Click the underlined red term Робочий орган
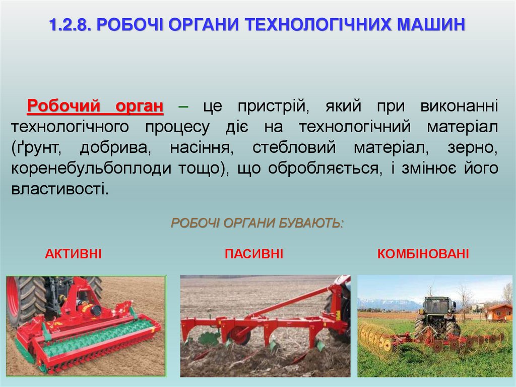[x=95, y=106]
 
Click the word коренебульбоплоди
[x=89, y=169]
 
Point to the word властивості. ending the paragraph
[x=60, y=189]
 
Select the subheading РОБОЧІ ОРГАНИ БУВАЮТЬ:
[x=257, y=223]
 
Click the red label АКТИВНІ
[x=73, y=254]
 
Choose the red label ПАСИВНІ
[x=254, y=254]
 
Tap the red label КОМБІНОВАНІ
[x=423, y=254]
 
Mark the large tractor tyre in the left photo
[x=25, y=300]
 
